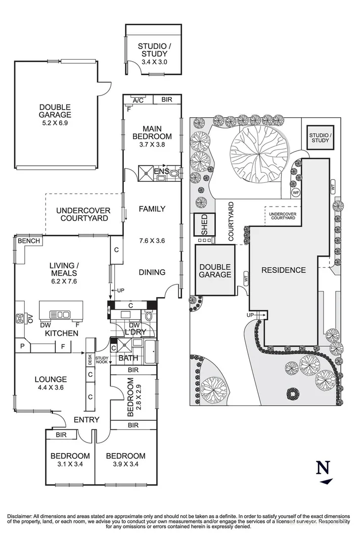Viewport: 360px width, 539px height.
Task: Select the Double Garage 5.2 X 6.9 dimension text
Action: (55, 122)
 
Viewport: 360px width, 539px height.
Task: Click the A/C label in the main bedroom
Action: (138, 101)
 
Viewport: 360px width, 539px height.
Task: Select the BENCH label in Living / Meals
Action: (29, 241)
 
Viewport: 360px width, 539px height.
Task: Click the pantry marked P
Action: (22, 346)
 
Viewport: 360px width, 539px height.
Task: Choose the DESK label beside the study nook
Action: (90, 360)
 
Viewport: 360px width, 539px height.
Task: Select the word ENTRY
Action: (87, 420)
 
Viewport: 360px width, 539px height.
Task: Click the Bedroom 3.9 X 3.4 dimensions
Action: (125, 464)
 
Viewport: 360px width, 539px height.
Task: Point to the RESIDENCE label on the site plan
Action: (284, 270)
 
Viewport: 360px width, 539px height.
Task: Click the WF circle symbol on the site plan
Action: (296, 192)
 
